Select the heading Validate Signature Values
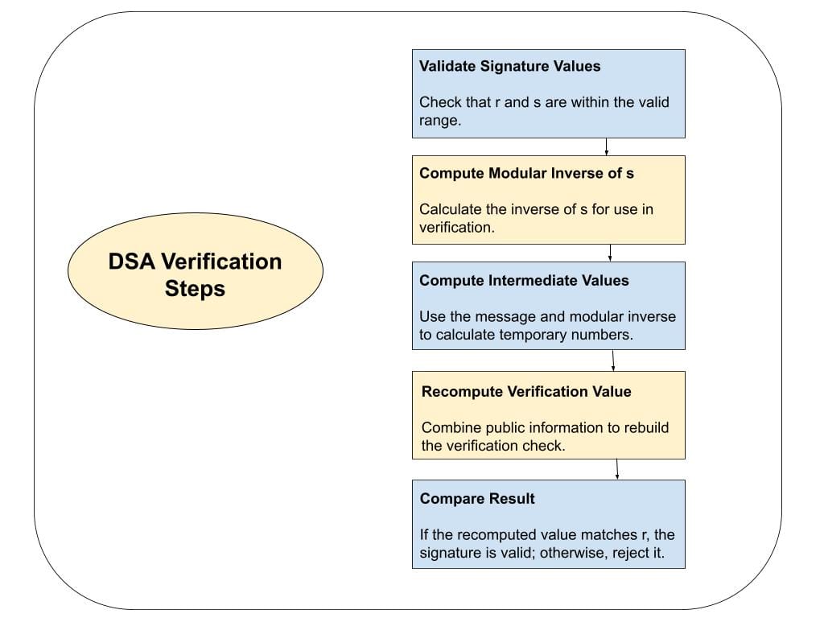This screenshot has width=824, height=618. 509,66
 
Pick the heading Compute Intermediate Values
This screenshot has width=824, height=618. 524,280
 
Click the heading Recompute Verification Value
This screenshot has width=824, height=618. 526,391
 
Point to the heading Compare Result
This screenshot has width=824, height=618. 477,498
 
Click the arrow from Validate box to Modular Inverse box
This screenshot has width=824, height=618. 606,146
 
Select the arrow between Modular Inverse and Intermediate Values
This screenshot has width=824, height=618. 610,253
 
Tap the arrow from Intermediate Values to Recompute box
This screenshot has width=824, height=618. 613,360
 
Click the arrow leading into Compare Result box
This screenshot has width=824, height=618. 617,469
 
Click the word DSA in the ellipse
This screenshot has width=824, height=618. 133,262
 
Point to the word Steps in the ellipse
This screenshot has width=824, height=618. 195,288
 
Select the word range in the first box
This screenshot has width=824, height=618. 439,120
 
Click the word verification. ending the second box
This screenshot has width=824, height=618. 455,227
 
